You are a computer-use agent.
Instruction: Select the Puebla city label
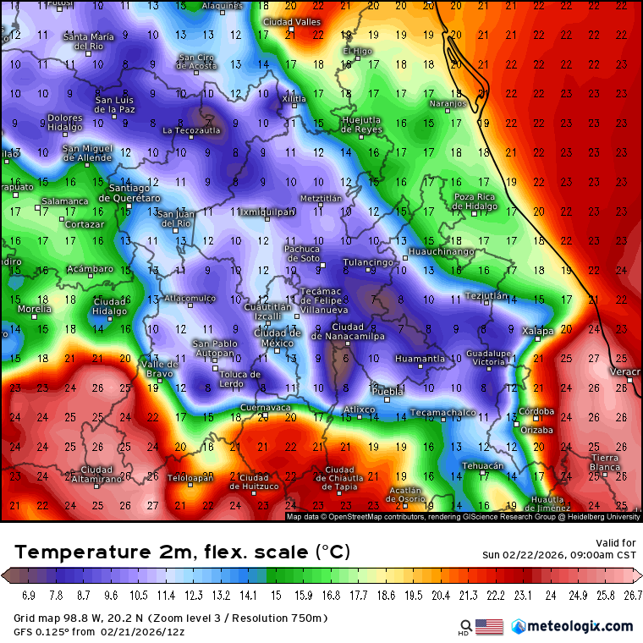(388, 392)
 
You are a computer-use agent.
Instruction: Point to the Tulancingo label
(368, 262)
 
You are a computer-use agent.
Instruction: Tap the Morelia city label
(34, 309)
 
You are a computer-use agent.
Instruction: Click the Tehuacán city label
(483, 466)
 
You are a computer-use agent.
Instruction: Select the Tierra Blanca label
(605, 462)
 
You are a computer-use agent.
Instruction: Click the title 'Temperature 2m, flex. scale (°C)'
(182, 552)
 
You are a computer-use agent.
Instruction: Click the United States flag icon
(489, 627)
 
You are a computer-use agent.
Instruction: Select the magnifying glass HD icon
(463, 627)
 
